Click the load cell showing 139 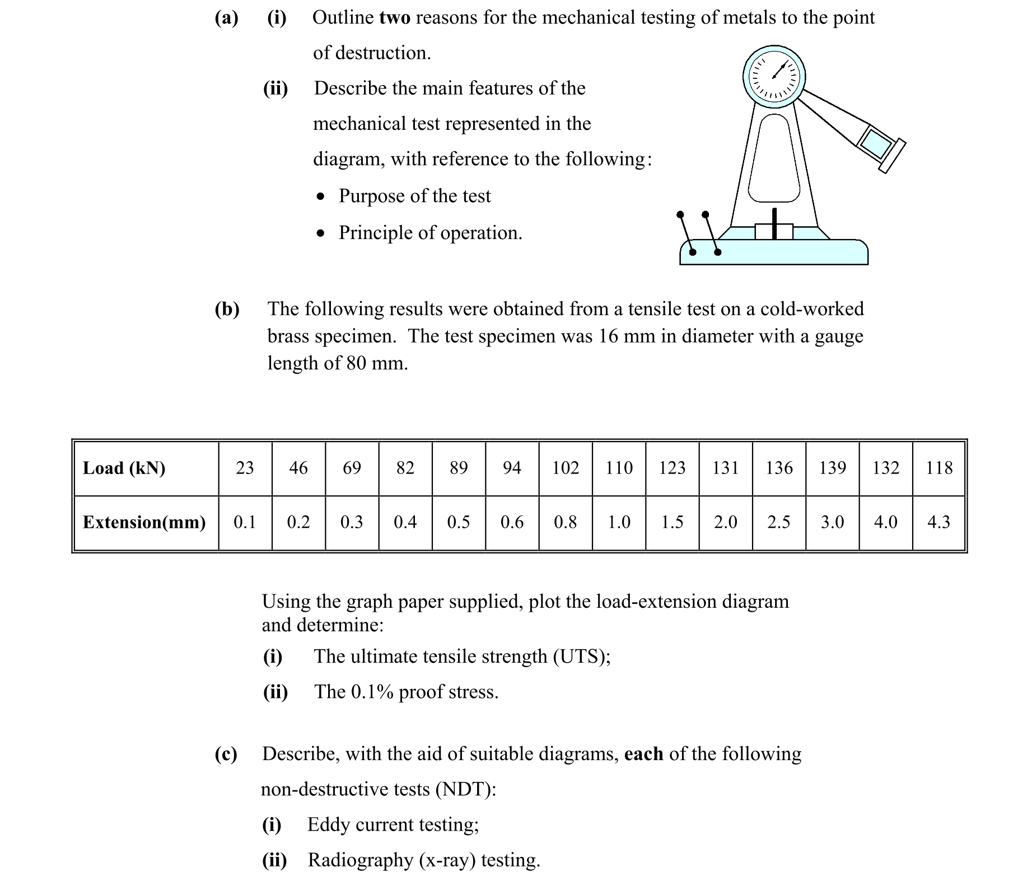832,468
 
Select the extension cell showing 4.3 938,522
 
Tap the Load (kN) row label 124,468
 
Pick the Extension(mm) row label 144,522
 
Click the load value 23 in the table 245,468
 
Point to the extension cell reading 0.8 565,522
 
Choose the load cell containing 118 938,468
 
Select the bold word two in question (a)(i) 395,18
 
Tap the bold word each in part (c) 643,754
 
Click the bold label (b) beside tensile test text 227,309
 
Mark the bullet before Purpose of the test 320,197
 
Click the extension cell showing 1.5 672,522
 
